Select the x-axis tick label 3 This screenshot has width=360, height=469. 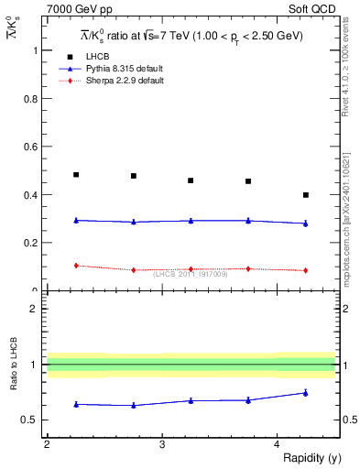click(162, 444)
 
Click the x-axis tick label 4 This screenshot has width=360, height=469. click(278, 444)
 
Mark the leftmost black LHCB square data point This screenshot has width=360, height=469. click(76, 175)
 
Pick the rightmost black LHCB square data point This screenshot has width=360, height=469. click(306, 195)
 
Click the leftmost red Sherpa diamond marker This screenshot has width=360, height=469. click(76, 266)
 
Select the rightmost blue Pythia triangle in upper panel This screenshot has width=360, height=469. click(306, 224)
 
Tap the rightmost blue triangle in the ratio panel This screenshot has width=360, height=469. click(306, 393)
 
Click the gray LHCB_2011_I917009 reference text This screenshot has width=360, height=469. click(191, 274)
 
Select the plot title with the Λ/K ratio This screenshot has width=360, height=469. click(191, 36)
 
